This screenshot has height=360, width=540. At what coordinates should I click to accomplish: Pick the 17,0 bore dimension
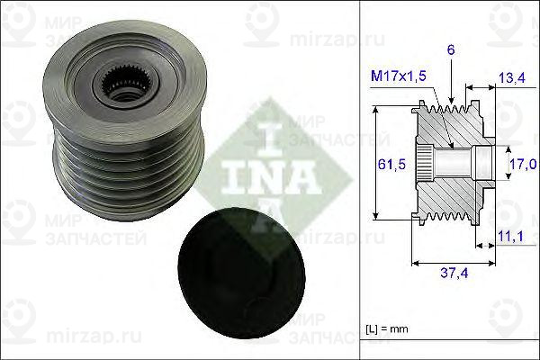[525, 164]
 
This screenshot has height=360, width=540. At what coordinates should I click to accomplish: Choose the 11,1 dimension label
[510, 236]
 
